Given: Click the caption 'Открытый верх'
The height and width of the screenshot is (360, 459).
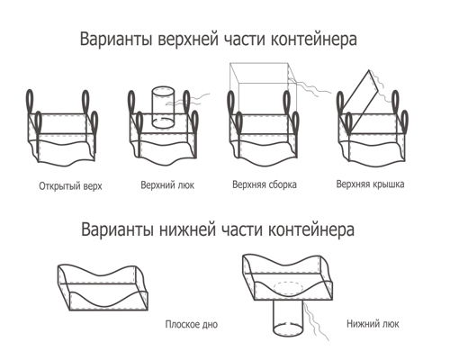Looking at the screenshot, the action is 70,186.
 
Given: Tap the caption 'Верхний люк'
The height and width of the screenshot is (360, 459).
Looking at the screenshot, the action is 167,184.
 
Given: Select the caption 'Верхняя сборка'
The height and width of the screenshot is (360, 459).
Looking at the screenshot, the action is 265,184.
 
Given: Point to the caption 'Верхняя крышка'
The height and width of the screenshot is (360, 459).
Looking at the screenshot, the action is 370,184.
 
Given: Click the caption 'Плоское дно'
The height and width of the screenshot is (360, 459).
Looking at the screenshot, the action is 192,324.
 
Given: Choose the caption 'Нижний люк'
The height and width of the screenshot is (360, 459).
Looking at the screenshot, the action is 373,324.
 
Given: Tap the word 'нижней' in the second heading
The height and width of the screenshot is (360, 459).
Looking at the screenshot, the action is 187,229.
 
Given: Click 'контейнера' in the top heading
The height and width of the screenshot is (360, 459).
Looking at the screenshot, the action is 314,40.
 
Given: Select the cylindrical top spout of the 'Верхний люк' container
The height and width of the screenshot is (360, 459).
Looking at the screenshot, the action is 163,107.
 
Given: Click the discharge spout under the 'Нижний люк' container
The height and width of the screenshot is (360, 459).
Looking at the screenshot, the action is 288,318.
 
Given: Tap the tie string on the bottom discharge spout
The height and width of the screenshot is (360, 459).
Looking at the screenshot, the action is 315,321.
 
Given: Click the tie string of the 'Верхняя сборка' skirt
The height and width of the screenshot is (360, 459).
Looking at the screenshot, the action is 309,87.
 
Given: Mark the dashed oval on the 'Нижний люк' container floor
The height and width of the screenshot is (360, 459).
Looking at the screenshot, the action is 289,289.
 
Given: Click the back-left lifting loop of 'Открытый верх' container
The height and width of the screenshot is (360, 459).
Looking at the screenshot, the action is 30,102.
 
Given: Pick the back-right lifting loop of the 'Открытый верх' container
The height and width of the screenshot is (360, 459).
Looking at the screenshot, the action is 85,102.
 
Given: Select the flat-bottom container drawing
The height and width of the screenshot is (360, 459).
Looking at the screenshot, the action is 103,287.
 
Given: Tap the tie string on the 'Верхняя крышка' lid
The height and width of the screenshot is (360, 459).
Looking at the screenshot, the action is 381,85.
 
